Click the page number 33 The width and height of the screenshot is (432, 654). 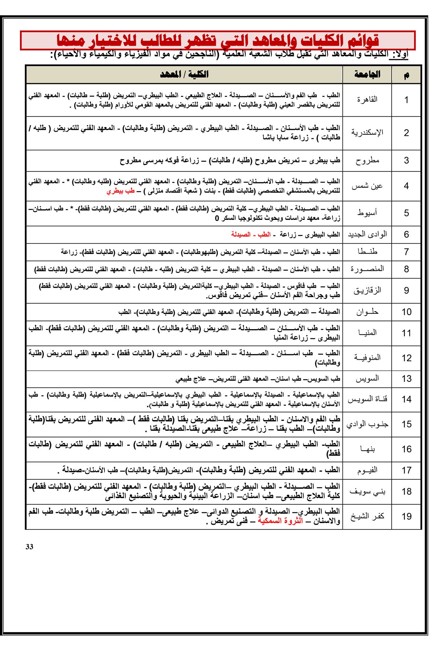coord(29,547)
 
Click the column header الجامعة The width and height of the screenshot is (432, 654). coord(367,74)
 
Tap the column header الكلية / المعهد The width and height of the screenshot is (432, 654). coord(184,74)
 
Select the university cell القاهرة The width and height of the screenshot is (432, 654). coord(367,99)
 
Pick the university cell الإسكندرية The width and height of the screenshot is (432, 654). coord(367,132)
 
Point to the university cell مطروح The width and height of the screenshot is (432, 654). coord(367,160)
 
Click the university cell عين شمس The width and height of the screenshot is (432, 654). coord(367,186)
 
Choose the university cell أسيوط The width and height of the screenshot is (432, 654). coord(367,213)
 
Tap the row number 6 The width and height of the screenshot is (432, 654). coord(406,234)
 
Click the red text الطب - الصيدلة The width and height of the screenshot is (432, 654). coord(251,234)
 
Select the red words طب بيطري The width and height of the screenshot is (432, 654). coord(121,191)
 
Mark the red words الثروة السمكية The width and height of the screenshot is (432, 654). coord(280,521)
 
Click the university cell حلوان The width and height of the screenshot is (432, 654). coord(367,312)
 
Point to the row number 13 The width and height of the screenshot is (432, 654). coord(406,379)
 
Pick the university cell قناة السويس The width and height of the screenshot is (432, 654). coord(367,399)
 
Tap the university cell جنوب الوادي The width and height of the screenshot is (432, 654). coord(367,424)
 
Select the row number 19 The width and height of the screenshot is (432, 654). coord(406,516)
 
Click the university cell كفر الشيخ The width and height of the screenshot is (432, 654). coord(367,516)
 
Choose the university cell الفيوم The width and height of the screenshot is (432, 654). coord(367,470)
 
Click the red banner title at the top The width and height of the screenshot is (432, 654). coord(217,40)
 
